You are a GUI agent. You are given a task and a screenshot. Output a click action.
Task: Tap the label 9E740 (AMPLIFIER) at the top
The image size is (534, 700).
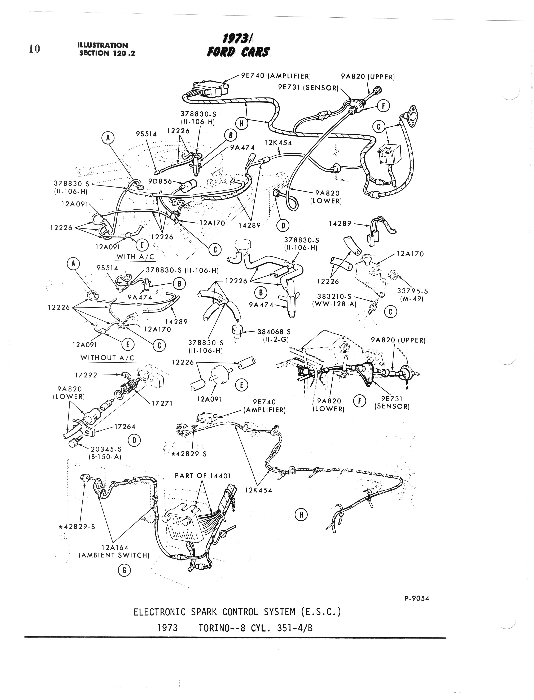click(276, 76)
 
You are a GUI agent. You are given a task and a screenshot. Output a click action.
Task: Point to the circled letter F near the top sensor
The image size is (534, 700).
click(384, 106)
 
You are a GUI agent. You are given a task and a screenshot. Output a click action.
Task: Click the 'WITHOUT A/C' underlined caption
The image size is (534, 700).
click(108, 357)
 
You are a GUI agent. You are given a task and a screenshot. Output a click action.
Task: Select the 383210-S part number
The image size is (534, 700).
click(334, 296)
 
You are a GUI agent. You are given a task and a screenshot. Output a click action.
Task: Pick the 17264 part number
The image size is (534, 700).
click(125, 427)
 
